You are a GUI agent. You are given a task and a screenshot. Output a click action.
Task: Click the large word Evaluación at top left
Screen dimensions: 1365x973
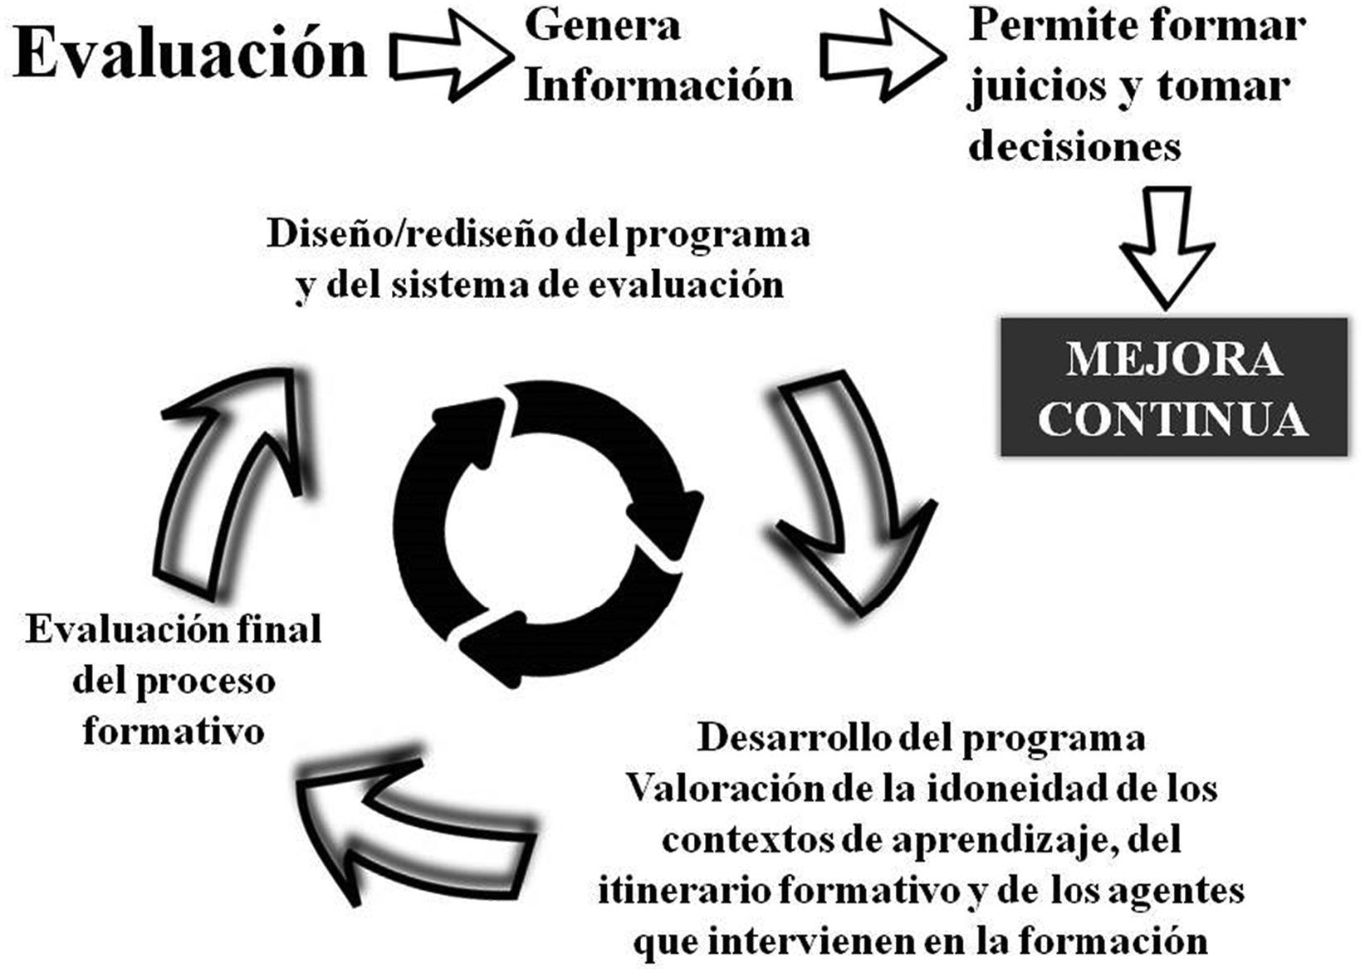(190, 53)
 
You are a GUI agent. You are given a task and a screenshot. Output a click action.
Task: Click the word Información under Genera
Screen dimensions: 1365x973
(658, 86)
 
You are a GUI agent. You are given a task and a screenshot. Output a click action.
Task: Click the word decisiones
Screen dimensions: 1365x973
(1074, 147)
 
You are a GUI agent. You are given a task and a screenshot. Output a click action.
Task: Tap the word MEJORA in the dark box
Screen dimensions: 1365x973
(1174, 359)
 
